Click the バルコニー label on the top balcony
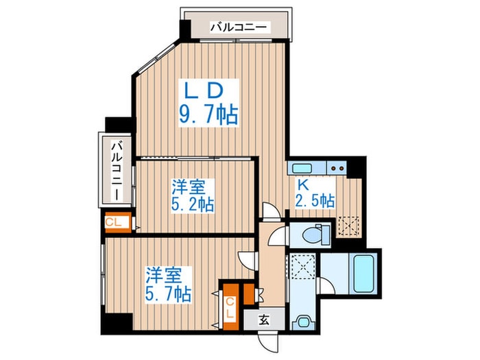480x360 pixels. pyautogui.click(x=240, y=28)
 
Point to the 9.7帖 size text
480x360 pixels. pyautogui.click(x=208, y=114)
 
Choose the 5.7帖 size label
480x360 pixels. pyautogui.click(x=168, y=293)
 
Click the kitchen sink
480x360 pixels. pyautogui.click(x=302, y=168)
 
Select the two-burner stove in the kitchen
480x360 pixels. pyautogui.click(x=336, y=167)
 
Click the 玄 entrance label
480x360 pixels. pyautogui.click(x=265, y=319)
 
